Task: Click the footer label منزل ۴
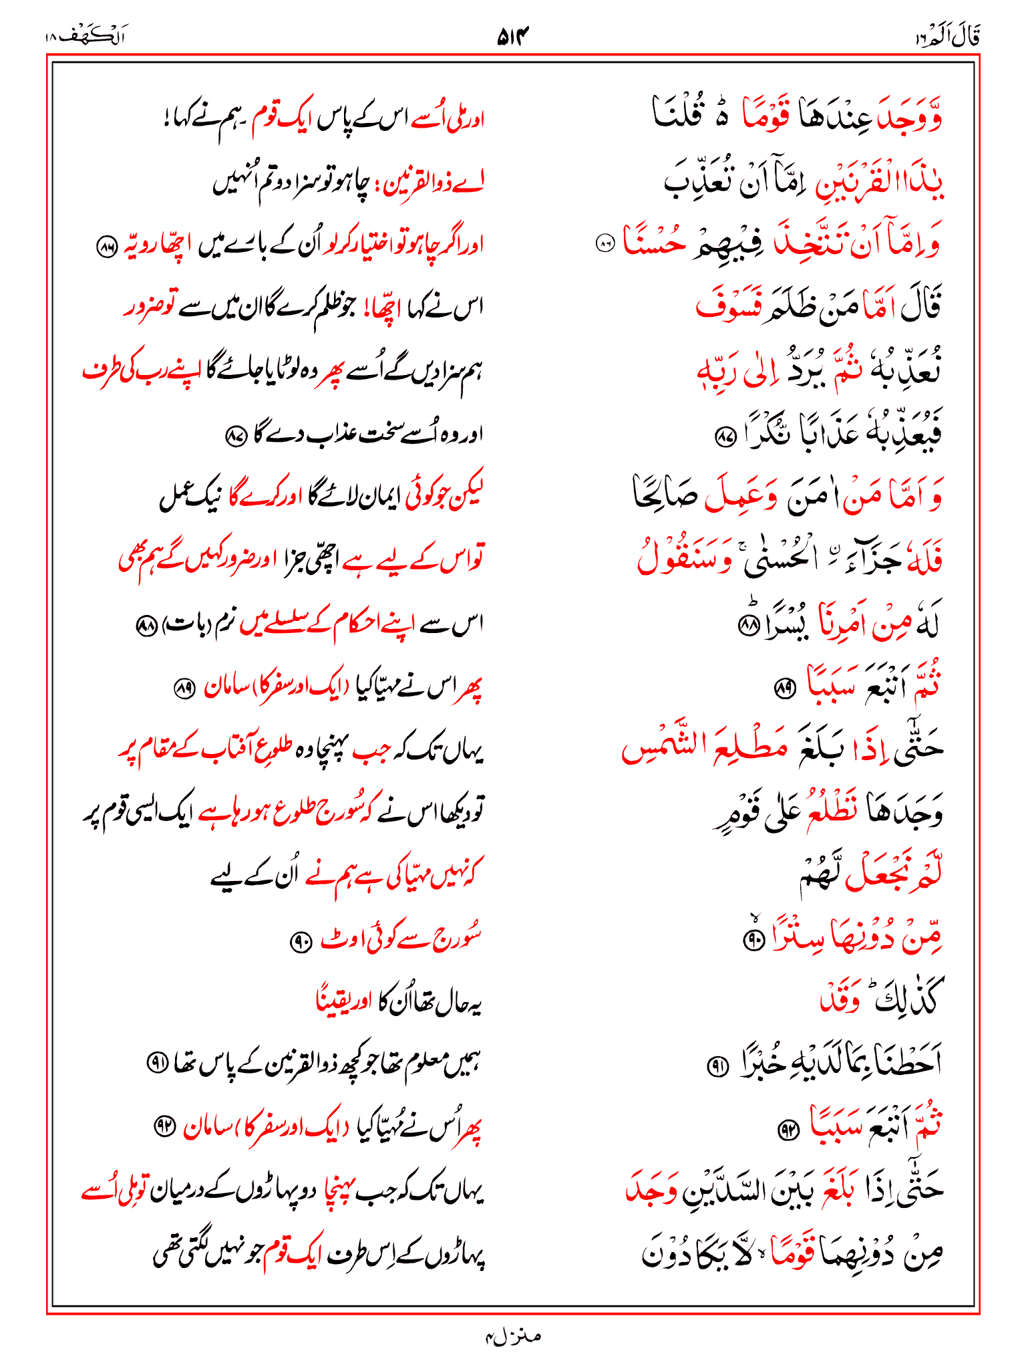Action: click(512, 1336)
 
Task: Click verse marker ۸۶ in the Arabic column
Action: click(605, 245)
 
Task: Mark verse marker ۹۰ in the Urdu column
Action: click(300, 942)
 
